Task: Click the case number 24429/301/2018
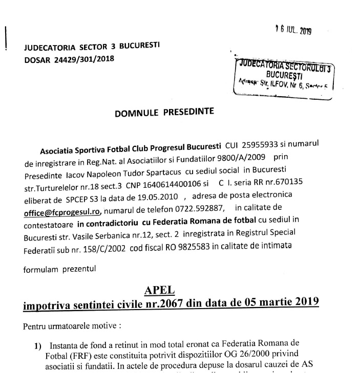[x=84, y=58]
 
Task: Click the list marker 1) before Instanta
[x=38, y=346]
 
